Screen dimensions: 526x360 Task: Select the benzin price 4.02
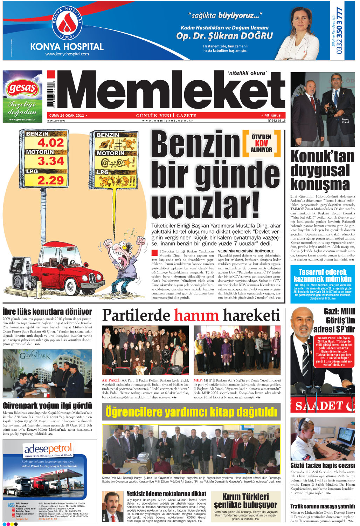50,143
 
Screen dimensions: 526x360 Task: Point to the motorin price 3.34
50,162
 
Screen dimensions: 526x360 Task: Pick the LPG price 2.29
50,180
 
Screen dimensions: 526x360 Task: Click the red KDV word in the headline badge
261,143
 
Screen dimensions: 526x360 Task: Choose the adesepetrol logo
48,449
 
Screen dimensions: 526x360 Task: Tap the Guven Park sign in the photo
35,356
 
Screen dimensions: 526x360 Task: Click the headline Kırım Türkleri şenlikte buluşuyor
246,500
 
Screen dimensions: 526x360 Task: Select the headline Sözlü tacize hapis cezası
322,465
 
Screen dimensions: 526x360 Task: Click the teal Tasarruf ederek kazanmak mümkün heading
322,275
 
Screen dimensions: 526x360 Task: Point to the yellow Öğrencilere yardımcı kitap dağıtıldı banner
191,412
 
